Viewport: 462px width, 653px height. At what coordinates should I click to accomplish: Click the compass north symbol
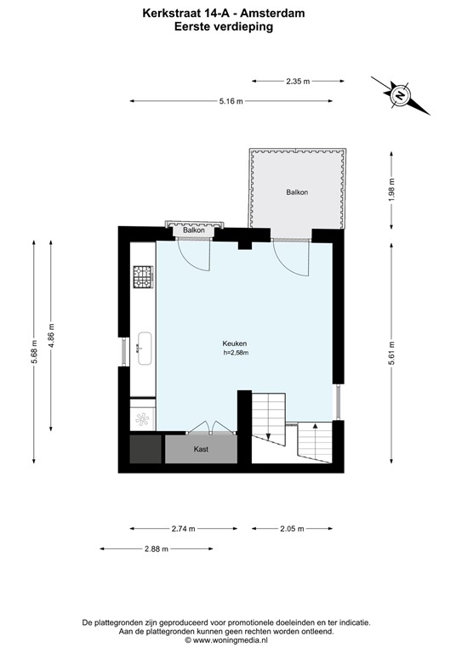pos(401,95)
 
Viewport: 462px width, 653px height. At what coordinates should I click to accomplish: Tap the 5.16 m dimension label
pos(231,101)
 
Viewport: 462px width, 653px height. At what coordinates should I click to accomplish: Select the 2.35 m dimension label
pos(298,82)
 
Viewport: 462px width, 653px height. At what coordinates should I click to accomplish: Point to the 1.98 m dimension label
pos(391,190)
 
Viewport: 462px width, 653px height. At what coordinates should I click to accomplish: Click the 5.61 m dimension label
pos(391,353)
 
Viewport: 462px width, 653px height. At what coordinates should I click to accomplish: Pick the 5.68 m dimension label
pos(34,352)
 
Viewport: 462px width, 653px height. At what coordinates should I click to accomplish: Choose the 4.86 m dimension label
pos(51,335)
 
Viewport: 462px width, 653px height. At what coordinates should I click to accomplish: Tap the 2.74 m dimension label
pos(183,529)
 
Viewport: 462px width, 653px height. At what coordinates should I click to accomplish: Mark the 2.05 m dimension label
pos(292,529)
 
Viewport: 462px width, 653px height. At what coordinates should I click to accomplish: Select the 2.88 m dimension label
pos(157,549)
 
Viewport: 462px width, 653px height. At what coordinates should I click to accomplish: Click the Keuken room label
pos(235,344)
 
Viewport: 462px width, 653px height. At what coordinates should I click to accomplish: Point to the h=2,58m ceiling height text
pos(236,353)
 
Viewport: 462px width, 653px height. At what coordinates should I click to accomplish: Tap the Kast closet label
pos(201,449)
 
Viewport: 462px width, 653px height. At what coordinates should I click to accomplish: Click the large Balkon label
pos(297,192)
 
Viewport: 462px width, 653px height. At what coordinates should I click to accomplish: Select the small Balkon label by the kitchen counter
pos(194,230)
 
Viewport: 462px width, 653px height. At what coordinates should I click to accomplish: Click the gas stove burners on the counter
pos(143,277)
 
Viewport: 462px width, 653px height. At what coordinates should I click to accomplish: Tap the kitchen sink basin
pos(145,349)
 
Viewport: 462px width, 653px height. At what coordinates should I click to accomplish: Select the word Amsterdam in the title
pos(273,14)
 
